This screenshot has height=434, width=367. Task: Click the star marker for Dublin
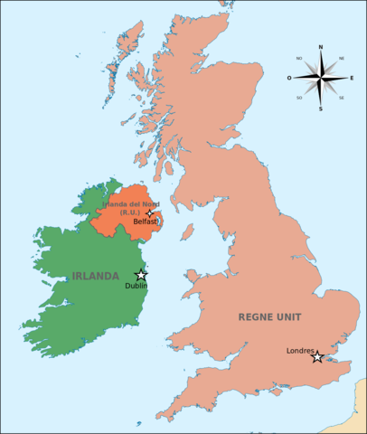[141, 275]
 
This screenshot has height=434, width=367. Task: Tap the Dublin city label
[136, 287]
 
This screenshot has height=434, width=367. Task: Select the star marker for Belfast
[150, 213]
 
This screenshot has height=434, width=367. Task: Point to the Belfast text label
[146, 221]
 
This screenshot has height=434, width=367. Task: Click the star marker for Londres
[317, 357]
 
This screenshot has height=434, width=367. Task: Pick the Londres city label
[300, 350]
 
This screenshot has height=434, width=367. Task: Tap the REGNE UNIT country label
[269, 316]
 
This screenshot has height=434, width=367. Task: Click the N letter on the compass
[320, 47]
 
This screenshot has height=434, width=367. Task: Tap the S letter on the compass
[320, 109]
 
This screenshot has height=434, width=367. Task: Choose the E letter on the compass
[351, 78]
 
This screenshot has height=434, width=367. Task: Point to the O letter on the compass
[290, 78]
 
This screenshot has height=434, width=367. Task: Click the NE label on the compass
[341, 58]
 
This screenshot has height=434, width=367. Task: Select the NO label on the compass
[299, 58]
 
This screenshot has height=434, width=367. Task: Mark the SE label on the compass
[341, 98]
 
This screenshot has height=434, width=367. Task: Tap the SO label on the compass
[299, 98]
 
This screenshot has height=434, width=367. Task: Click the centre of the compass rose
[320, 78]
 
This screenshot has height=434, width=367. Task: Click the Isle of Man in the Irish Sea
[187, 232]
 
